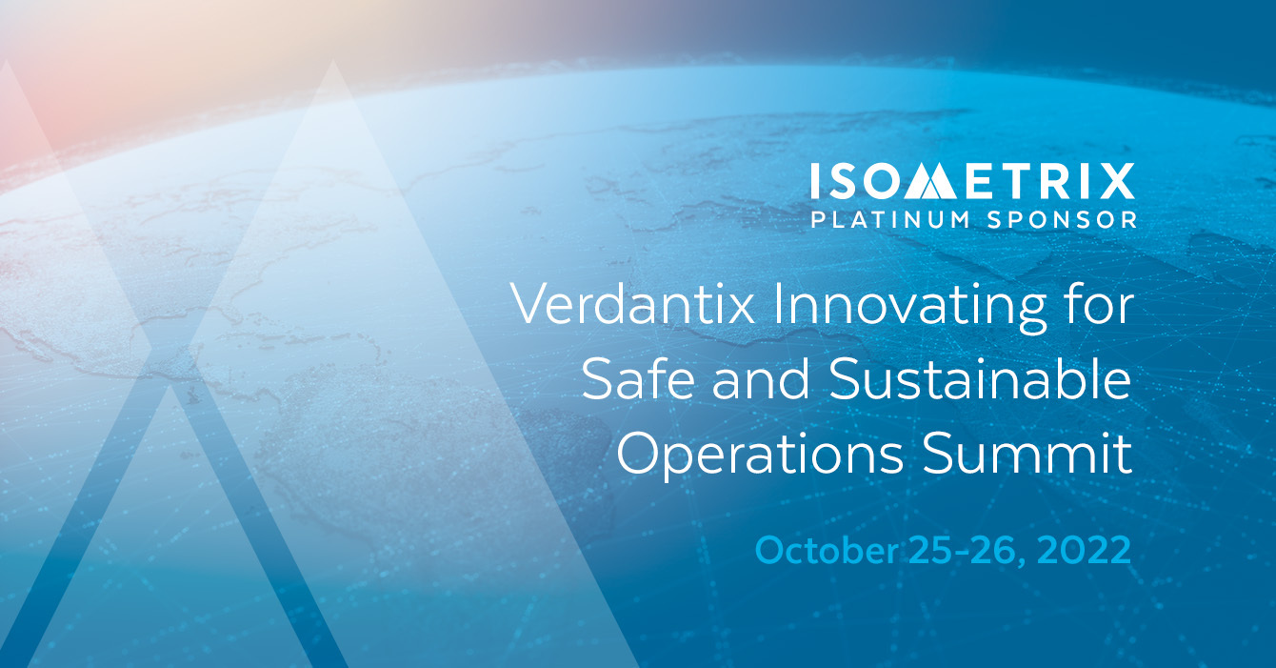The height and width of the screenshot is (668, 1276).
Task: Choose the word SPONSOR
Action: (x=1062, y=219)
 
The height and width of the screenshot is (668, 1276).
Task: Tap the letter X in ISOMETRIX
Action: (x=1116, y=181)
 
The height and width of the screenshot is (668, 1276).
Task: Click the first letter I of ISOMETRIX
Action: (x=814, y=181)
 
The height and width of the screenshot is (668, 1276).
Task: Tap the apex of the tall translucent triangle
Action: (x=332, y=61)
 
